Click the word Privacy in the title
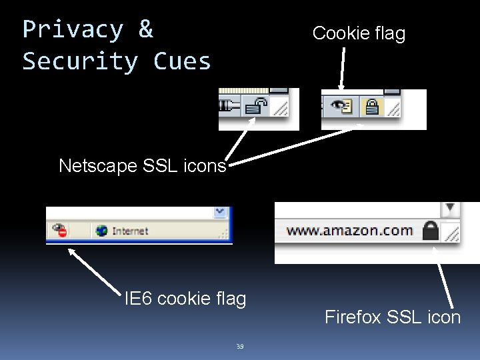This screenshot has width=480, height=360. [73, 30]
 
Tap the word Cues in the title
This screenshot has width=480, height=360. [182, 61]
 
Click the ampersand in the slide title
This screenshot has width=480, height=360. [145, 30]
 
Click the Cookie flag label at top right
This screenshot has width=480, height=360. [359, 33]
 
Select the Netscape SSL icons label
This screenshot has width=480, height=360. [143, 166]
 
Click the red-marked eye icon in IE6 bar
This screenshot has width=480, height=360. [59, 231]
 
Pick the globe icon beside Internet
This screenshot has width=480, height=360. [102, 231]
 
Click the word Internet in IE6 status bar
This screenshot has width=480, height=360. [130, 231]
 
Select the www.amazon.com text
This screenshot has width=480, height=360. [349, 231]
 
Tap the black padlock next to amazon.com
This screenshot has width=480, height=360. [431, 231]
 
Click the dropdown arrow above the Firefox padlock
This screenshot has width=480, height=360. [451, 207]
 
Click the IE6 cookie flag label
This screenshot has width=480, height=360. [185, 299]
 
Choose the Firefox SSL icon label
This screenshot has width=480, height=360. [393, 317]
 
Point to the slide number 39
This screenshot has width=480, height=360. [239, 346]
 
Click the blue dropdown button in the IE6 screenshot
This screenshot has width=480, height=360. [220, 212]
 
